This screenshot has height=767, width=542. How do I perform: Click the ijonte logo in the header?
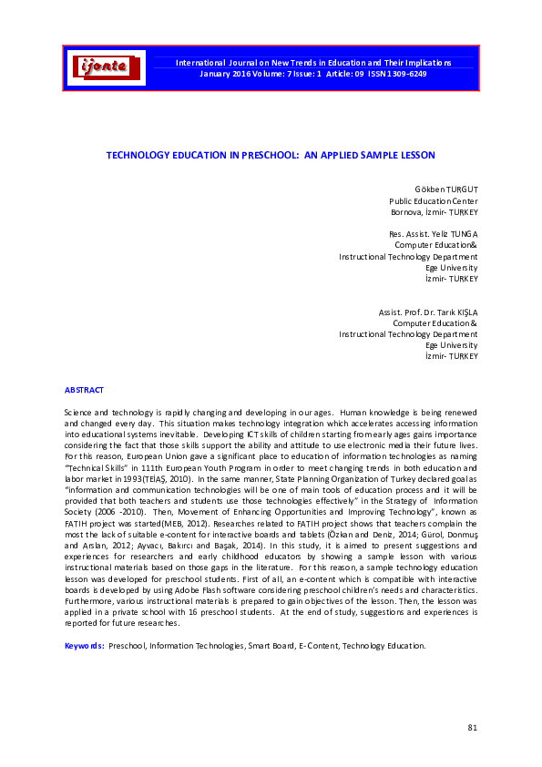tap(107, 67)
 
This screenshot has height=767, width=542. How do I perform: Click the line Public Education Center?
tap(433, 201)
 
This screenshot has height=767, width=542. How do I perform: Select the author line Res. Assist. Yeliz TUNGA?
tap(427, 234)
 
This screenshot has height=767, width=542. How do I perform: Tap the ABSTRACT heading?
tap(84, 390)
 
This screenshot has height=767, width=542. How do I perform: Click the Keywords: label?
tap(84, 646)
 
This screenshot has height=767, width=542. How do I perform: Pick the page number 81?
tap(472, 727)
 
